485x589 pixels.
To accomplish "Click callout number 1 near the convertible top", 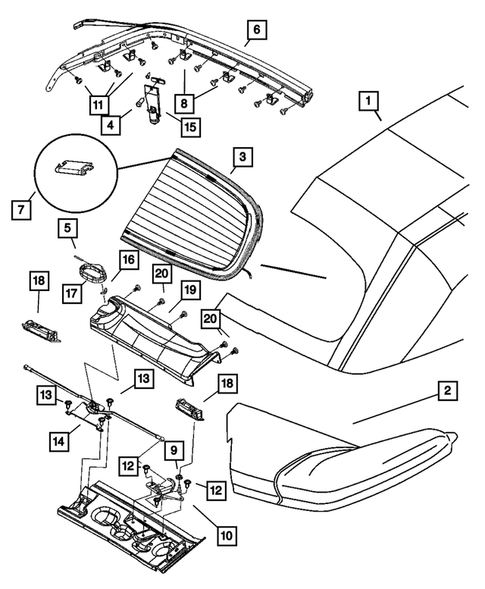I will pyautogui.click(x=370, y=102).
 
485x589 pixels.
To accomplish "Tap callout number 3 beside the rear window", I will pyautogui.click(x=240, y=157).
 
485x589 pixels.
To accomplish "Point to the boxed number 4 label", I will pyautogui.click(x=114, y=126).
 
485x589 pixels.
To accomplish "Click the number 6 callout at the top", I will pyautogui.click(x=255, y=31).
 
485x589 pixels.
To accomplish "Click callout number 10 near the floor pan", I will pyautogui.click(x=226, y=536).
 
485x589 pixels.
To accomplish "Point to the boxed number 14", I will pyautogui.click(x=60, y=437).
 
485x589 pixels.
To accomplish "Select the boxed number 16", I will pyautogui.click(x=127, y=260).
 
